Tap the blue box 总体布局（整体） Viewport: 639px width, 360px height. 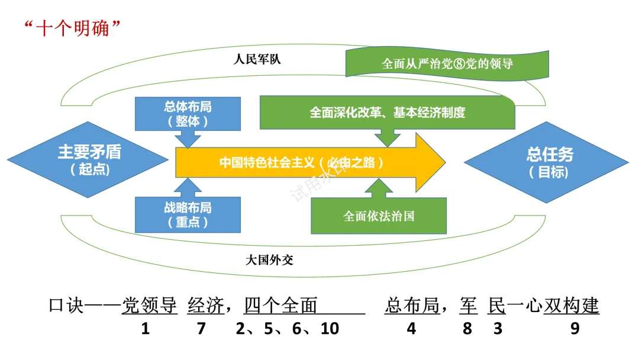coord(188,114)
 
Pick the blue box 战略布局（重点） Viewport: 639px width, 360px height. coord(188,215)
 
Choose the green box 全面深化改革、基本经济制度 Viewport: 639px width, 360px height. coord(387,112)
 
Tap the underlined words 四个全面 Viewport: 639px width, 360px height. coord(281,306)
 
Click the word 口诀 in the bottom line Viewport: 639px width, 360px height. coord(66,306)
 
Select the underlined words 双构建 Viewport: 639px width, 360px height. coord(572,306)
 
